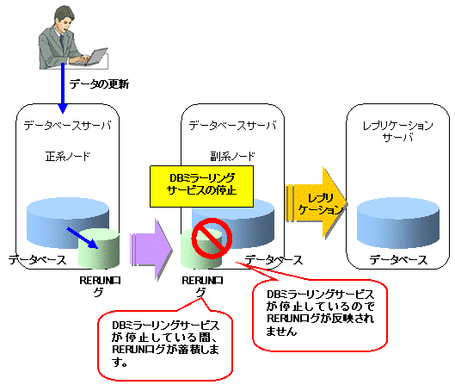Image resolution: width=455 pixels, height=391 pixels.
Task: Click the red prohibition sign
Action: pyautogui.click(x=212, y=239)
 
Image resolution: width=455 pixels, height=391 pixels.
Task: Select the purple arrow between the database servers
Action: pyautogui.click(x=151, y=250)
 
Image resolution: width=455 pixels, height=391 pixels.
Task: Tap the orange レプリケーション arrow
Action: pyautogui.click(x=317, y=203)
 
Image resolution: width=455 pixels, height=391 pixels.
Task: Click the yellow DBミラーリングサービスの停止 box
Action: pyautogui.click(x=201, y=187)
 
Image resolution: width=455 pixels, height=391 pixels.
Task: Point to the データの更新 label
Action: pyautogui.click(x=99, y=84)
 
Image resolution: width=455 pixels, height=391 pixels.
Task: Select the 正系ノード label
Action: pyautogui.click(x=68, y=157)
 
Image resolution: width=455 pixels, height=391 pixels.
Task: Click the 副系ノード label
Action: pyautogui.click(x=233, y=157)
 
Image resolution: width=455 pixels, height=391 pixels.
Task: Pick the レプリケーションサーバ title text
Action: pyautogui.click(x=398, y=131)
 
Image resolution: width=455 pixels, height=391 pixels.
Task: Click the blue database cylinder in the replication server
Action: pyautogui.click(x=398, y=223)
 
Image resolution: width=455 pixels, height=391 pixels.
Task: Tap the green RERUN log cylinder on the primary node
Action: pyautogui.click(x=99, y=249)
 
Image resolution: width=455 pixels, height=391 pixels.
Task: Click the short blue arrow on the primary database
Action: pyautogui.click(x=83, y=238)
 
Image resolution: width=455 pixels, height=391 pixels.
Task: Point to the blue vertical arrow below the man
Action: pyautogui.click(x=63, y=88)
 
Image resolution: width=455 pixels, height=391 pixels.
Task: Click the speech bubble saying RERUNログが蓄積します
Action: pyautogui.click(x=165, y=344)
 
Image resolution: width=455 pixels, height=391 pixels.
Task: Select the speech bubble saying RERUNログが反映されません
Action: pyautogui.click(x=320, y=314)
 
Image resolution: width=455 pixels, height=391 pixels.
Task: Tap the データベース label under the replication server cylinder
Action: pyautogui.click(x=398, y=260)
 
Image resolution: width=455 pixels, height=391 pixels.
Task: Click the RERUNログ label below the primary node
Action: pyautogui.click(x=100, y=286)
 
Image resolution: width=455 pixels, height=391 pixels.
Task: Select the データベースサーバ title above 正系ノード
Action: pyautogui.click(x=68, y=126)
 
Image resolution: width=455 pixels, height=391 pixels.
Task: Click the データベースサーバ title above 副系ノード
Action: pyautogui.click(x=233, y=126)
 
